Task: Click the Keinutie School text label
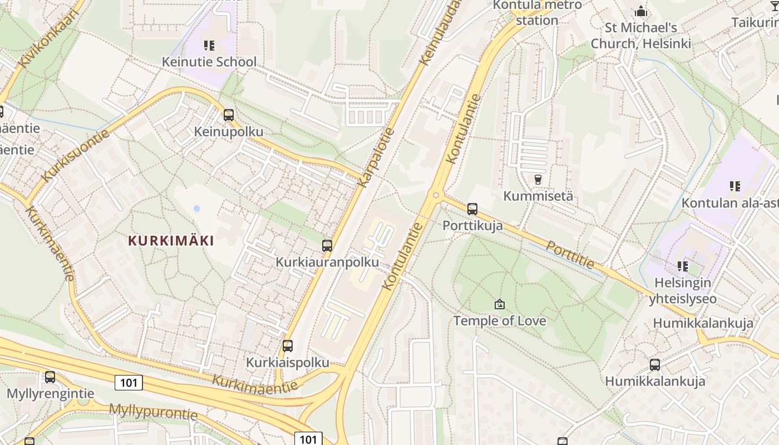(x=209, y=62)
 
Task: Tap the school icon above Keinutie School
(x=209, y=45)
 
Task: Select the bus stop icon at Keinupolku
(x=229, y=115)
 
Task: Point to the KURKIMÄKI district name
(x=171, y=241)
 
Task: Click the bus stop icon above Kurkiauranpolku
(x=327, y=245)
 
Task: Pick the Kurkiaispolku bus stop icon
(x=288, y=346)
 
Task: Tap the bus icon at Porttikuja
(x=472, y=209)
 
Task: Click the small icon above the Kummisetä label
(x=538, y=180)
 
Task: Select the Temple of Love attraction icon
(x=500, y=304)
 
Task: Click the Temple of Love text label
(x=500, y=321)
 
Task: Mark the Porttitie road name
(x=570, y=255)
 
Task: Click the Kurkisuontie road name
(x=75, y=154)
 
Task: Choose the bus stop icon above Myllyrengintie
(x=50, y=377)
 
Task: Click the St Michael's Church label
(x=641, y=36)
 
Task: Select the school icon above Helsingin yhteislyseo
(x=682, y=266)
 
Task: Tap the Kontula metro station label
(x=538, y=13)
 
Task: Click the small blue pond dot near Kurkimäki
(x=196, y=209)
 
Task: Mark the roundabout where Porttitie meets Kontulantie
(x=436, y=195)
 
